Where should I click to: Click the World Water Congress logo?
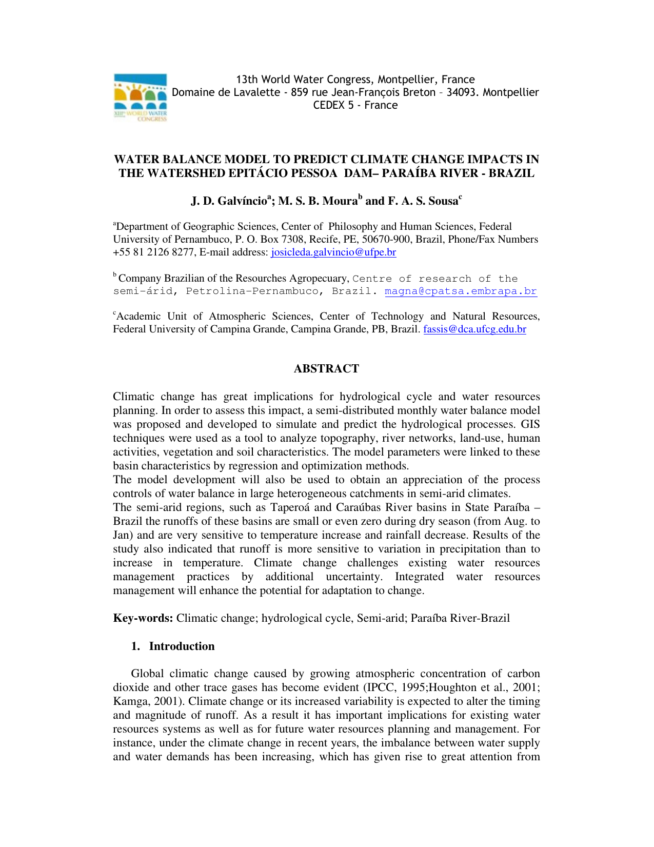(140, 97)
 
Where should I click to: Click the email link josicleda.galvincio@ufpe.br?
(333, 252)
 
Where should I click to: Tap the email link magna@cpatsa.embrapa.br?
(461, 291)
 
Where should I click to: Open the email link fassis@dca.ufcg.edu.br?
(474, 329)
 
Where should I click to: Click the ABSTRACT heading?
(326, 369)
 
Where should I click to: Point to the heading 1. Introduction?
(173, 646)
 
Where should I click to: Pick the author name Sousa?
(443, 201)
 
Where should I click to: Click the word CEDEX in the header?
(329, 105)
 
